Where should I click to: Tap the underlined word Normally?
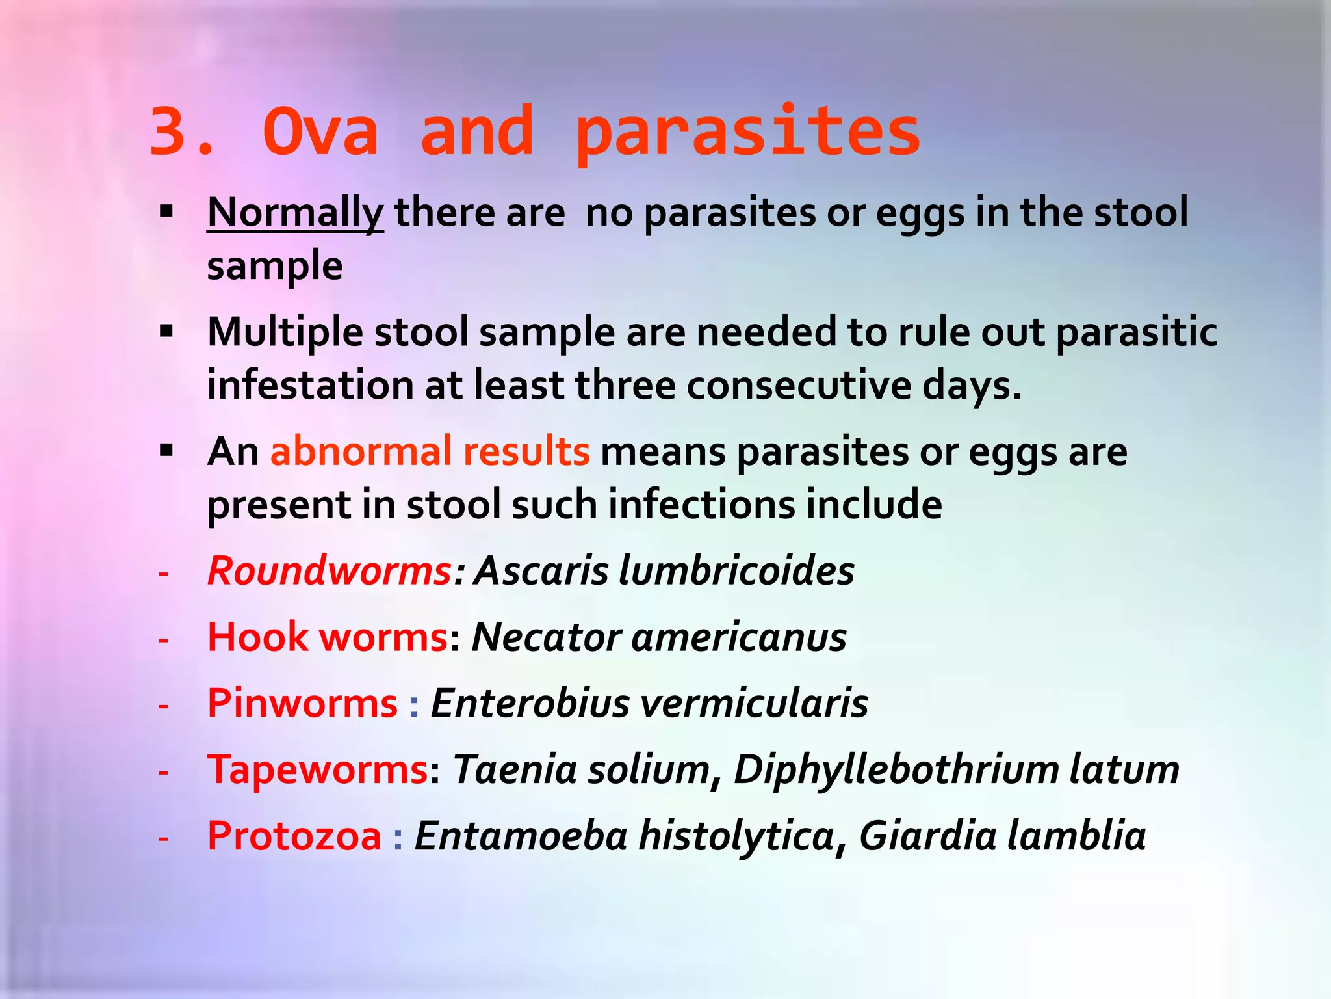295,213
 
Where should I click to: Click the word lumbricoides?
736,571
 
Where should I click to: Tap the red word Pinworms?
302,704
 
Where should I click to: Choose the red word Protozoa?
294,836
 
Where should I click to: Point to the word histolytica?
736,836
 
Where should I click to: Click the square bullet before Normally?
166,211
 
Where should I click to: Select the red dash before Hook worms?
163,639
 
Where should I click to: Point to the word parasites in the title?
747,133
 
